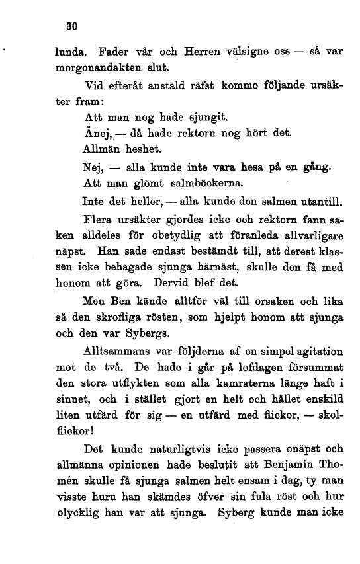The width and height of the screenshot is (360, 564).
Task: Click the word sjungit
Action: click(x=191, y=119)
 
